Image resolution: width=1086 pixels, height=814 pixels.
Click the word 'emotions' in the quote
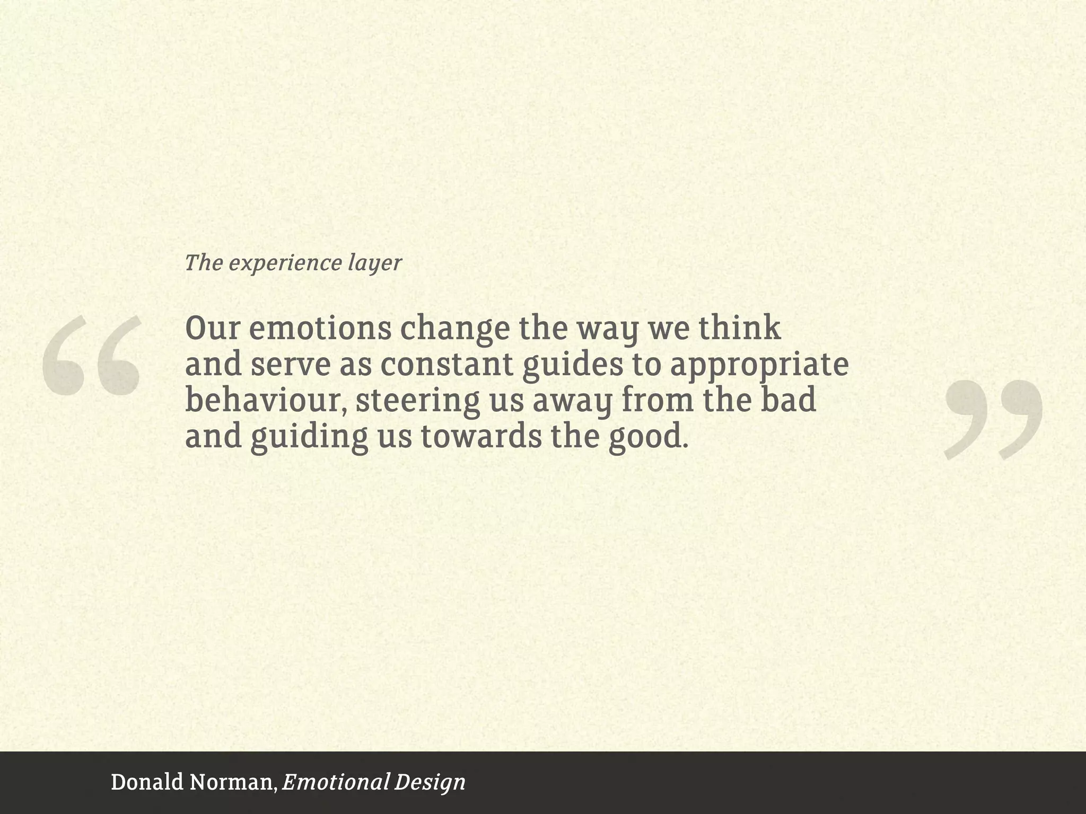click(x=320, y=329)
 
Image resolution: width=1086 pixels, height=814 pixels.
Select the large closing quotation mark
click(x=993, y=419)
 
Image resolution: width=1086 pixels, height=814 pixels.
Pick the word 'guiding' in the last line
click(x=309, y=438)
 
